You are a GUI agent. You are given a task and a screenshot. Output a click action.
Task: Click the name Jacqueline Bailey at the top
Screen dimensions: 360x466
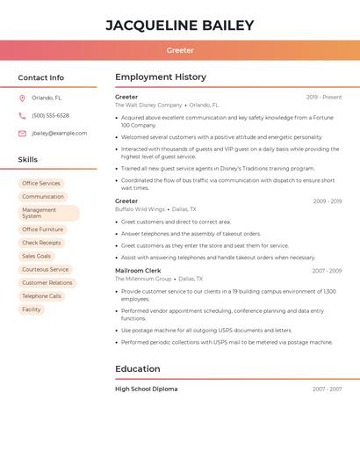(180, 25)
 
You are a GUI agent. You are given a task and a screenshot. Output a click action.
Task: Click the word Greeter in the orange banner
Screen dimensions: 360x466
(180, 51)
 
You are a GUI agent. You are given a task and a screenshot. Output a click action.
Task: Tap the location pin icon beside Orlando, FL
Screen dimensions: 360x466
(22, 98)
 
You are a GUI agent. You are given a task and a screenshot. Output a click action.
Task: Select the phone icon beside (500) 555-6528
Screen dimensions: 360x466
(22, 115)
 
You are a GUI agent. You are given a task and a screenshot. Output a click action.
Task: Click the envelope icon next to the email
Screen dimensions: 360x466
(22, 134)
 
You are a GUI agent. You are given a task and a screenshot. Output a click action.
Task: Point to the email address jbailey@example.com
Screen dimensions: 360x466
(60, 134)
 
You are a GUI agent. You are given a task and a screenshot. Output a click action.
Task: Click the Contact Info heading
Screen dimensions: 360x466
(41, 77)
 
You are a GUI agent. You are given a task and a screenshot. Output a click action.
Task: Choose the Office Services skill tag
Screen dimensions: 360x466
(41, 183)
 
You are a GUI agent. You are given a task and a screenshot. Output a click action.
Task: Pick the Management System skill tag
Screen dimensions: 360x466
(48, 213)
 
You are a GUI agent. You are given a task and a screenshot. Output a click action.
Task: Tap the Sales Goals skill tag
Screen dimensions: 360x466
(37, 256)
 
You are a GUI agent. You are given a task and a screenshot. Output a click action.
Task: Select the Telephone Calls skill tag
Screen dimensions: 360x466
(42, 296)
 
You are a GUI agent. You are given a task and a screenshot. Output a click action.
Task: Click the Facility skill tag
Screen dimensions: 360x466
(32, 309)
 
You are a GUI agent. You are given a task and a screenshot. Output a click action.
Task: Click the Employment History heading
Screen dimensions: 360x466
(161, 77)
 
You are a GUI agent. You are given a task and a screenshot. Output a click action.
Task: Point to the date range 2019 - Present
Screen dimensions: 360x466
(324, 97)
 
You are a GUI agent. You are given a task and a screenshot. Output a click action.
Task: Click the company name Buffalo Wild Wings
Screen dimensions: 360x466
(140, 209)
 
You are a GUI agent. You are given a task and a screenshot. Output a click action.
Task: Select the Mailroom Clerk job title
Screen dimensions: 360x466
(138, 271)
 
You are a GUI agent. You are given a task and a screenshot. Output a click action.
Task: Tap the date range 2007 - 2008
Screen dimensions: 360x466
(327, 271)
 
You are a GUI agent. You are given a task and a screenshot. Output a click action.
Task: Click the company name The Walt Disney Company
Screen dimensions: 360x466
(148, 105)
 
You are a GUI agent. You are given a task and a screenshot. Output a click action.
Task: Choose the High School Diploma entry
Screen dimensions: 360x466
(147, 389)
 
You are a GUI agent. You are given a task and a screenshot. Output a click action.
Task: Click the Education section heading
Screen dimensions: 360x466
(138, 369)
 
